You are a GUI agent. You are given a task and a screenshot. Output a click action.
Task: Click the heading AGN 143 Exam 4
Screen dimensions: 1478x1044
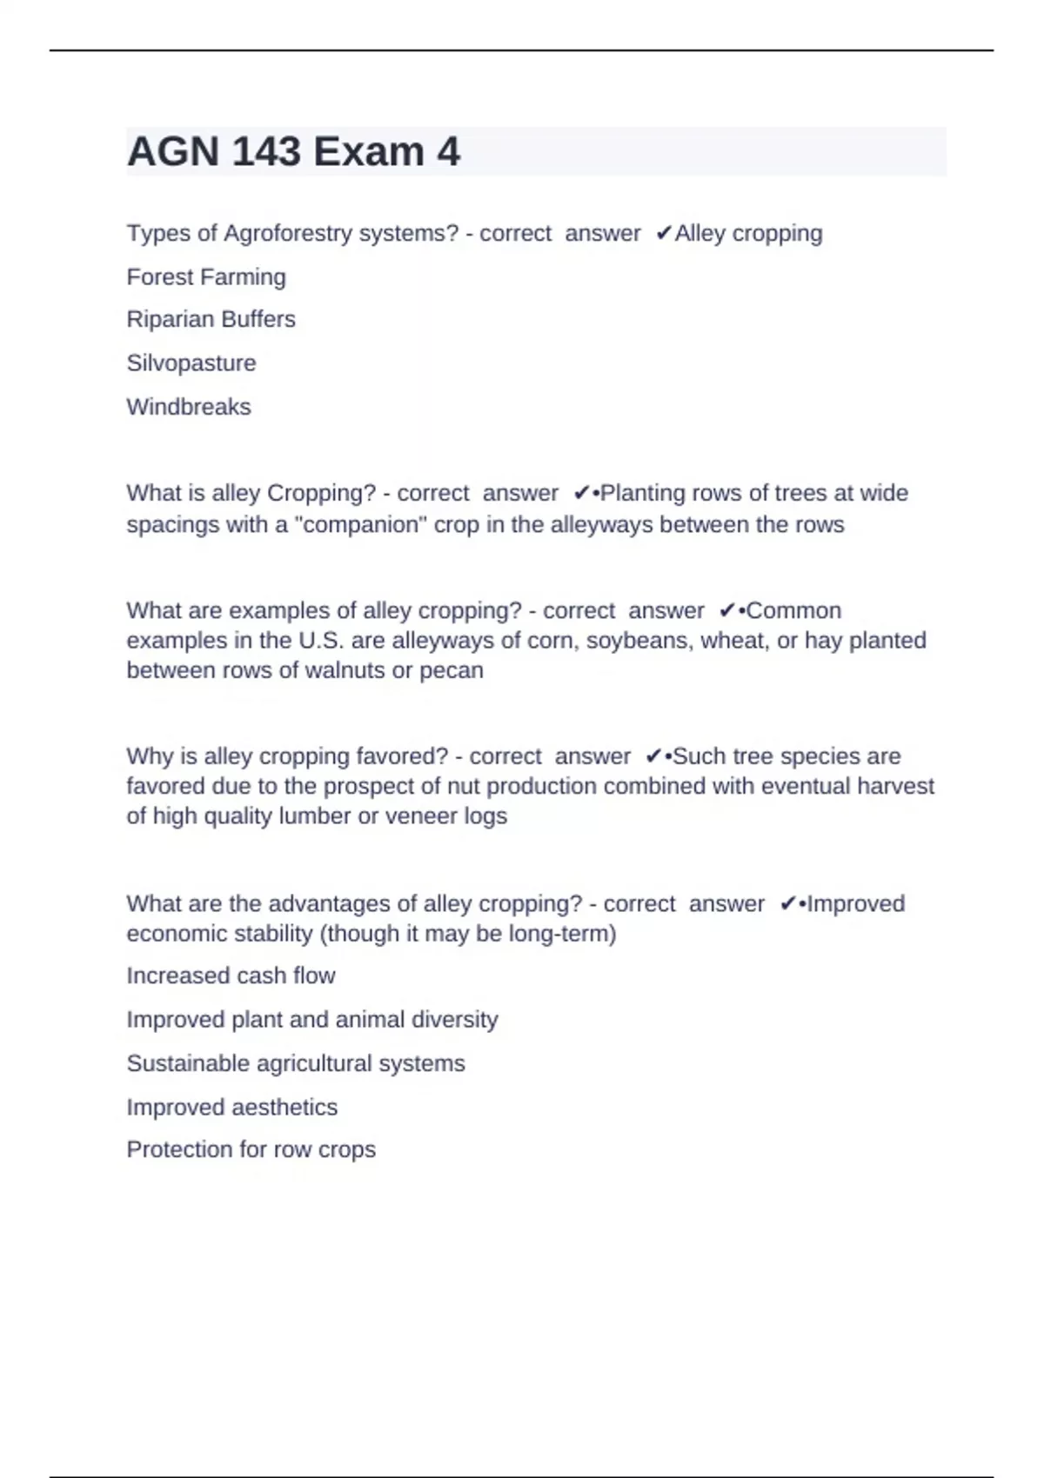click(x=293, y=152)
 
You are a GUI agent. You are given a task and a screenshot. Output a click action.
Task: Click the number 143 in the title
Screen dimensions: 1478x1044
click(x=267, y=152)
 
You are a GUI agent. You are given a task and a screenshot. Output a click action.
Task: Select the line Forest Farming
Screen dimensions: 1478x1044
click(x=206, y=277)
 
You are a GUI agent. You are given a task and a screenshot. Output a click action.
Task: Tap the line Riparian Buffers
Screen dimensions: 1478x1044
click(x=211, y=320)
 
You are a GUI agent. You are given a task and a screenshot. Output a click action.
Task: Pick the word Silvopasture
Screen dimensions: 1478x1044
click(x=191, y=363)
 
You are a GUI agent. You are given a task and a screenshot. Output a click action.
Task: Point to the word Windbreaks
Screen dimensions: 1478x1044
click(x=189, y=407)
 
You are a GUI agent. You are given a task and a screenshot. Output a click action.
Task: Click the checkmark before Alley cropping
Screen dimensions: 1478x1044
click(x=663, y=234)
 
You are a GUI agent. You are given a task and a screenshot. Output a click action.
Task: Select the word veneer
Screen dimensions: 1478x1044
click(x=422, y=816)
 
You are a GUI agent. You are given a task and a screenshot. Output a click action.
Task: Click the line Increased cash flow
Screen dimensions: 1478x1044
click(x=231, y=976)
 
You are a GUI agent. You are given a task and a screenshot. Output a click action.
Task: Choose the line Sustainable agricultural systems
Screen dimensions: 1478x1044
click(x=296, y=1063)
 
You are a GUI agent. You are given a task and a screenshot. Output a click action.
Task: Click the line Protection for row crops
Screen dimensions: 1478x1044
click(x=251, y=1150)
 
